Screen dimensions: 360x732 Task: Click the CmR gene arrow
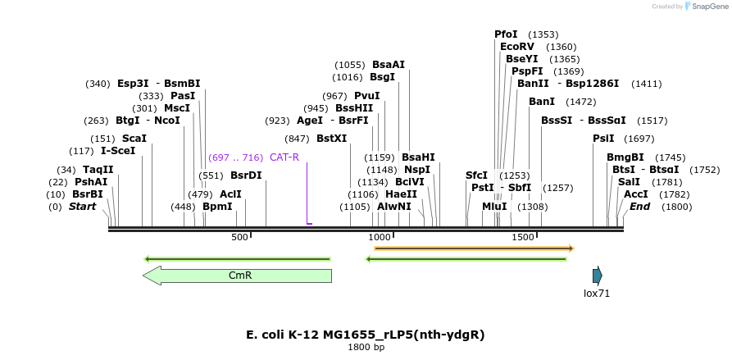click(x=238, y=276)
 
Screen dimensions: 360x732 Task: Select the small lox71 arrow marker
click(x=598, y=276)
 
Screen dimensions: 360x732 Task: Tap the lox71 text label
click(x=597, y=293)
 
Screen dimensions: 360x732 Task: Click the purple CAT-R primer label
click(x=284, y=157)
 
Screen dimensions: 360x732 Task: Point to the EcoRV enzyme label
click(x=517, y=47)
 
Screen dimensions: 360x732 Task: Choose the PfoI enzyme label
click(x=506, y=34)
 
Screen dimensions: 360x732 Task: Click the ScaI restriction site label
click(x=134, y=138)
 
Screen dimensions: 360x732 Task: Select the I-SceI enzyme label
click(x=118, y=151)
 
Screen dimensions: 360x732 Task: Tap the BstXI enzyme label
click(x=331, y=139)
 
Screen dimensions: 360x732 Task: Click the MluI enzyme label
click(x=494, y=207)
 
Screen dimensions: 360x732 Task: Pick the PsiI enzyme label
click(x=603, y=138)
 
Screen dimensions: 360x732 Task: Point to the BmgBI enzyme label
click(x=625, y=157)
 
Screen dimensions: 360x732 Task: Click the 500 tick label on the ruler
click(x=239, y=237)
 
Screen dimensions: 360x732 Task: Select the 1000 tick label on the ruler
click(x=379, y=237)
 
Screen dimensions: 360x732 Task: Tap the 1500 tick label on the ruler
click(x=522, y=237)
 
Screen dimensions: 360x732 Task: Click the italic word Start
click(x=82, y=207)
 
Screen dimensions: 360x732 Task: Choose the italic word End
click(x=639, y=207)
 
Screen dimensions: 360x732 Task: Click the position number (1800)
click(x=677, y=207)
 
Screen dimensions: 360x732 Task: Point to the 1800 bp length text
click(x=366, y=347)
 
